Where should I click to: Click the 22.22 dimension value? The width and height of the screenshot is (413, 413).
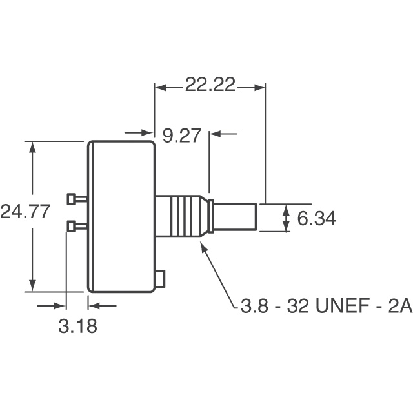(x=210, y=86)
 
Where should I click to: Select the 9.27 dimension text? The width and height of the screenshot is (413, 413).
(x=183, y=136)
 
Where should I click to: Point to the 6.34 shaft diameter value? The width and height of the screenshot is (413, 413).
(x=316, y=219)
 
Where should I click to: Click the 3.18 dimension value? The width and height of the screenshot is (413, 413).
(x=77, y=326)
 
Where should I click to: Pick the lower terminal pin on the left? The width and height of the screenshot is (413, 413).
(x=76, y=225)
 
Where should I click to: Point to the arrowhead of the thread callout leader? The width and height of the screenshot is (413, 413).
(x=205, y=248)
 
